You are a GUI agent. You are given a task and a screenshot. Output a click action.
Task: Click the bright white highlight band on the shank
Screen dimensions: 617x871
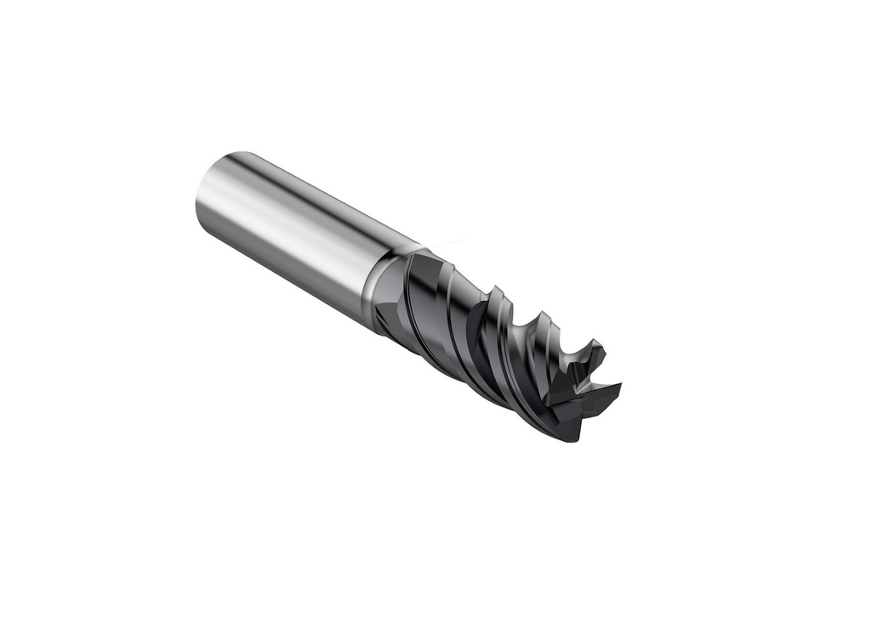[281, 212]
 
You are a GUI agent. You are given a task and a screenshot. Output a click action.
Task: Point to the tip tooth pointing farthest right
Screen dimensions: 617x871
[618, 389]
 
